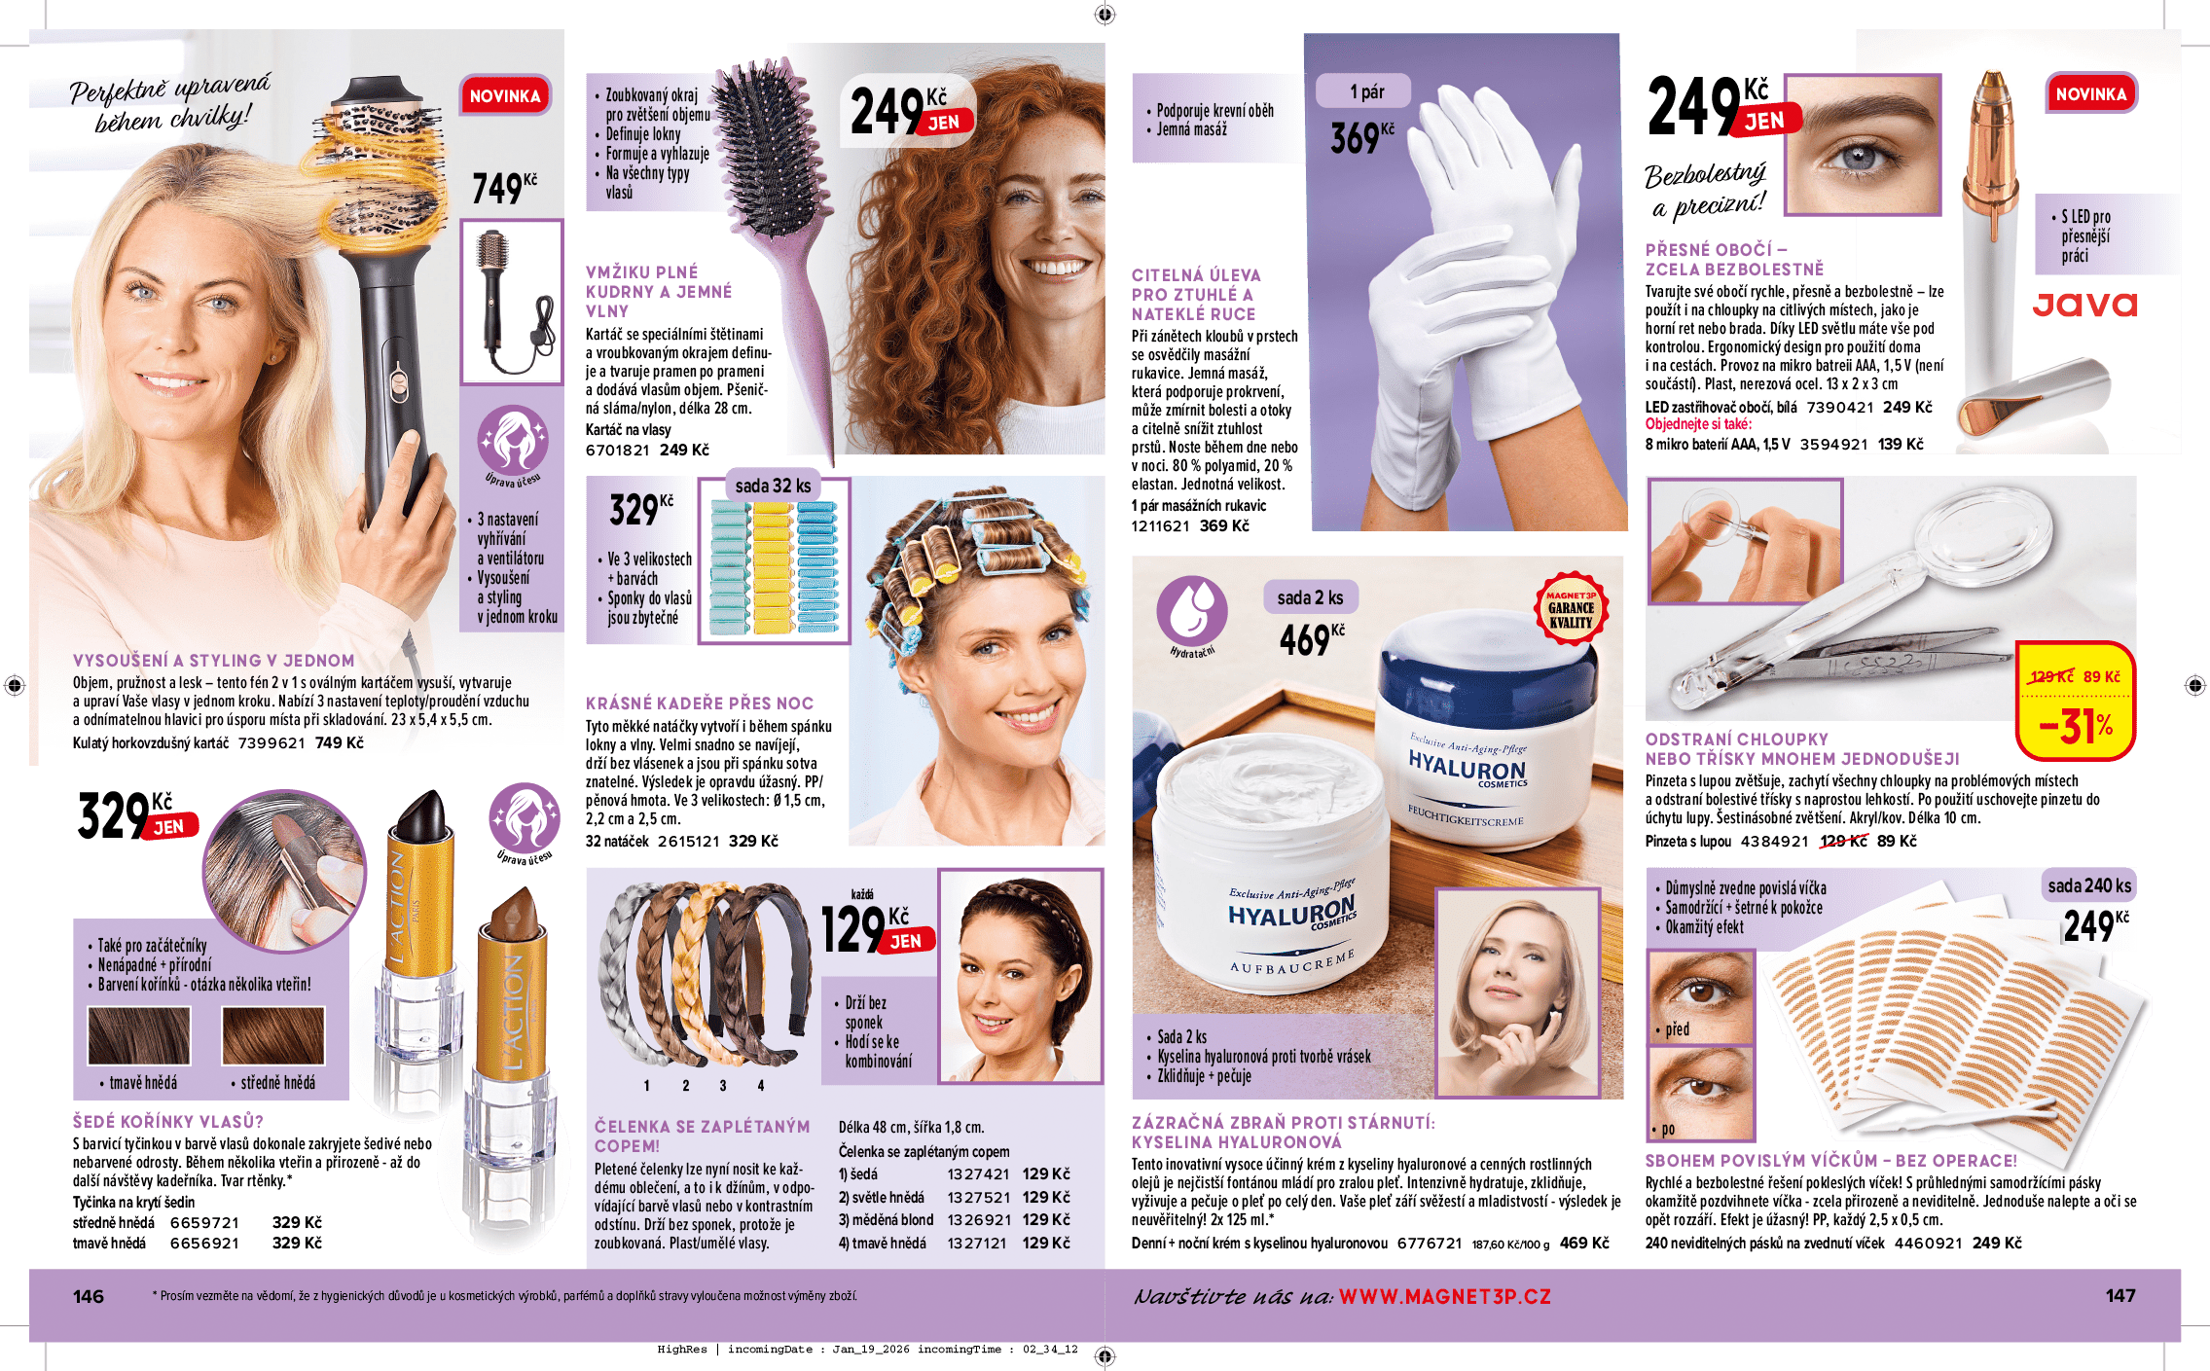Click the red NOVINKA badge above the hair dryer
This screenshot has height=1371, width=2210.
click(x=505, y=95)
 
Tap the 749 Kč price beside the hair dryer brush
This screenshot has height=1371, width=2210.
click(x=504, y=187)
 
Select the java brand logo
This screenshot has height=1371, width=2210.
click(x=2084, y=305)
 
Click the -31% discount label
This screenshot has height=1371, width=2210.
click(x=2076, y=725)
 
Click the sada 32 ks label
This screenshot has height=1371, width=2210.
click(x=773, y=485)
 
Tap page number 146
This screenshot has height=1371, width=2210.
click(x=89, y=1296)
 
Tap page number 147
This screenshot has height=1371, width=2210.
click(x=2120, y=1295)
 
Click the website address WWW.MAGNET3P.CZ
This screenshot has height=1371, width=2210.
click(x=1445, y=1296)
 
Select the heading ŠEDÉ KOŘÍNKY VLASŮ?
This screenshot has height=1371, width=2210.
click(x=168, y=1121)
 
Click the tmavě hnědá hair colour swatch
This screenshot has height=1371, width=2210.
click(x=139, y=1036)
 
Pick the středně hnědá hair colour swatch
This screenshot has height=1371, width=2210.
click(x=273, y=1036)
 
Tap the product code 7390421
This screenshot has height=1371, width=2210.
click(x=1840, y=407)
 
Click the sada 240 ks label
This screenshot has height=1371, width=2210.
click(x=2089, y=885)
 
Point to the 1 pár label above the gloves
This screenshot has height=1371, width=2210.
click(x=1366, y=91)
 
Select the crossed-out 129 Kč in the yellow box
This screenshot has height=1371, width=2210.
click(x=2051, y=676)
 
